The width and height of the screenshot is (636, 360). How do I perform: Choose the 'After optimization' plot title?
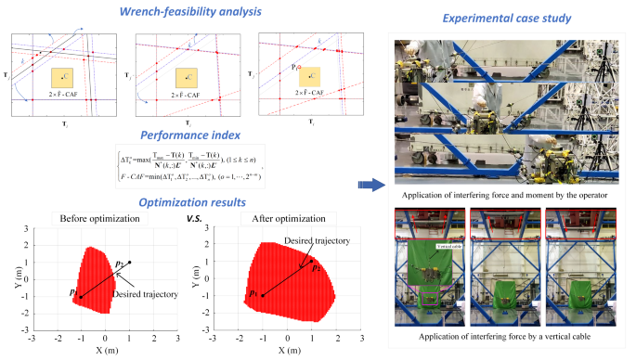pos(278,219)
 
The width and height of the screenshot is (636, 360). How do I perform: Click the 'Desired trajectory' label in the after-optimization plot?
pos(318,240)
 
